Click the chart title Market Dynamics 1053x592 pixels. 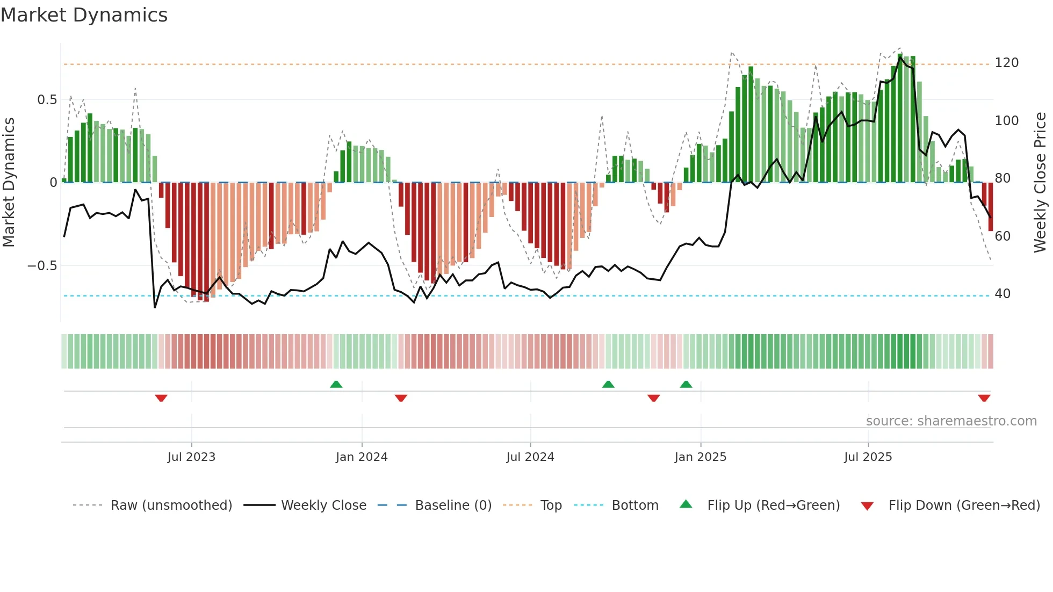click(84, 15)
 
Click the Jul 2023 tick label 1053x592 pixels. click(191, 457)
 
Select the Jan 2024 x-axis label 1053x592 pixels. click(362, 457)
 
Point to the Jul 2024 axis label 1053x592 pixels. click(530, 457)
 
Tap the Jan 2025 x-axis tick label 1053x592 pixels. click(700, 457)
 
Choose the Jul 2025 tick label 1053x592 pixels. click(868, 457)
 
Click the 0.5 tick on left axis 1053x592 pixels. click(47, 100)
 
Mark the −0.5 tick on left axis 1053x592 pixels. click(42, 266)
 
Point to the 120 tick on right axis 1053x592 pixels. click(1006, 63)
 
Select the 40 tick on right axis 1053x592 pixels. click(1002, 294)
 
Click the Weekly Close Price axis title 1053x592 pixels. click(1040, 183)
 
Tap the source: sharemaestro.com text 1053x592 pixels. click(951, 421)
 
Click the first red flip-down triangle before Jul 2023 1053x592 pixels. click(161, 398)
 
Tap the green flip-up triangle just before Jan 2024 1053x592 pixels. click(336, 384)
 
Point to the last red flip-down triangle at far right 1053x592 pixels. click(984, 398)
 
